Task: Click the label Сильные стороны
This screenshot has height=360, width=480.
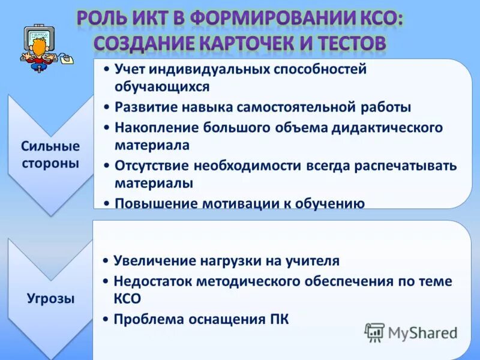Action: (x=50, y=155)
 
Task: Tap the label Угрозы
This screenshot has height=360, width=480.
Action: (x=50, y=298)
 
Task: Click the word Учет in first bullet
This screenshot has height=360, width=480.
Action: (x=130, y=70)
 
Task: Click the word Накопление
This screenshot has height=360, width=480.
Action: (x=151, y=127)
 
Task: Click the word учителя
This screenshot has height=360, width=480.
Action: (x=314, y=261)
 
